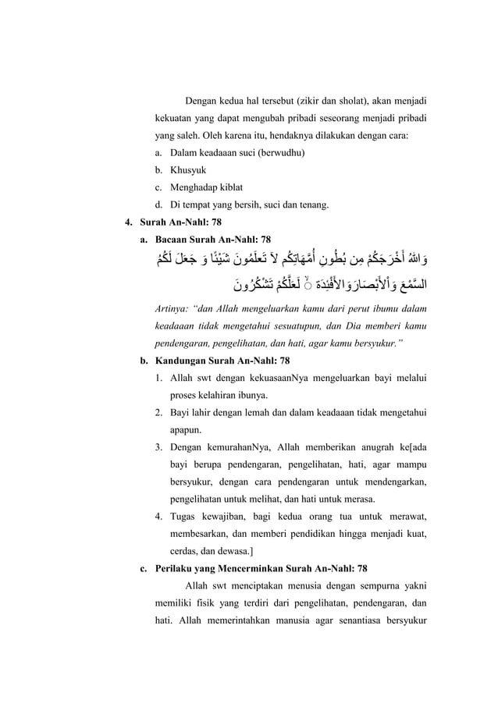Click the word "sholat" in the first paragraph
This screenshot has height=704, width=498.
pyautogui.click(x=368, y=101)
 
